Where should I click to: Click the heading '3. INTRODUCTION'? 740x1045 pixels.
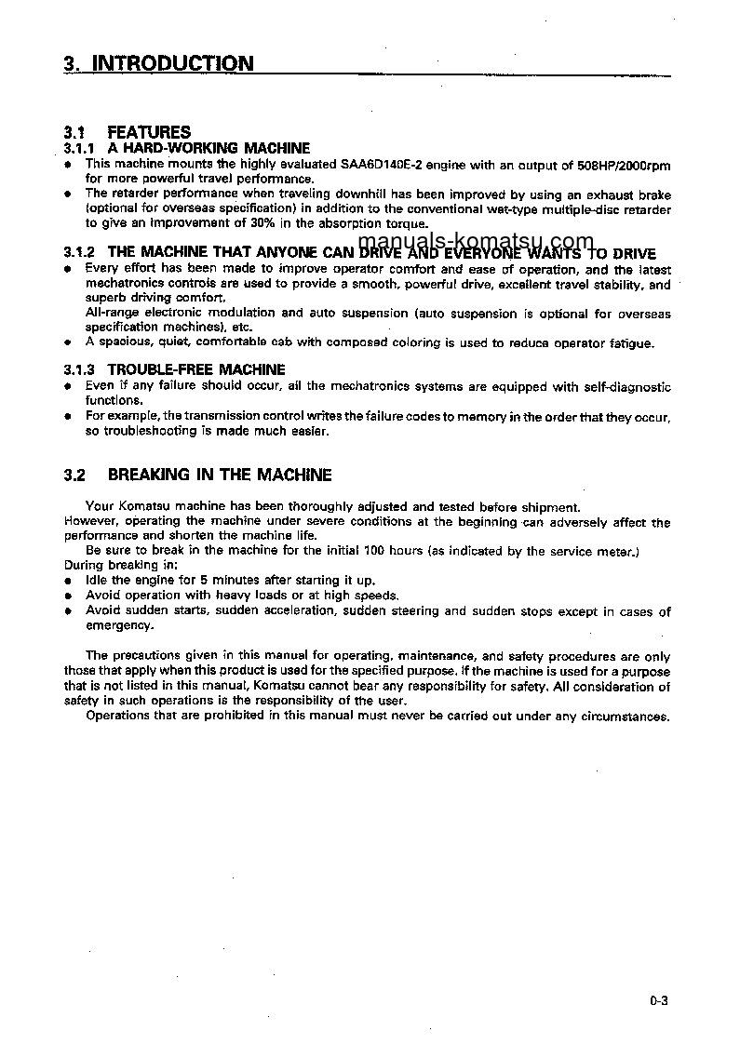click(x=158, y=63)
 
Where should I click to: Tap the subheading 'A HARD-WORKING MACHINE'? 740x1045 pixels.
click(x=209, y=148)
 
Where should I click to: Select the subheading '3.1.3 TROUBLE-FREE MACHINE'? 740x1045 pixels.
click(x=174, y=369)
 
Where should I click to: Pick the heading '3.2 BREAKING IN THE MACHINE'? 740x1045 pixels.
click(x=197, y=475)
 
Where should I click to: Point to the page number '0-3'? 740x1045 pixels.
click(x=660, y=1001)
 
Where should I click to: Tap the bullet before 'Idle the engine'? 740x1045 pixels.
click(x=68, y=581)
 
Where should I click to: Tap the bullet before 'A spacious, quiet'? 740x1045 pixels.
click(x=68, y=343)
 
